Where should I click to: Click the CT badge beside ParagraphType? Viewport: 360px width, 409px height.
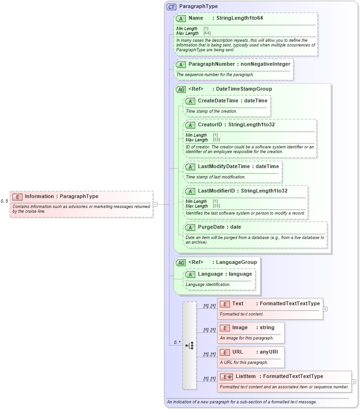click(171, 7)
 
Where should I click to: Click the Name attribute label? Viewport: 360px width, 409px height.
click(196, 18)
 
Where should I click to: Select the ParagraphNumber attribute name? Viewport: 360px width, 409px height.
click(209, 64)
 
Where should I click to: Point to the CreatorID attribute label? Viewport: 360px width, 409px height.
click(209, 124)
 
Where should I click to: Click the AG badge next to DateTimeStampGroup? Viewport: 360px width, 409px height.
click(181, 89)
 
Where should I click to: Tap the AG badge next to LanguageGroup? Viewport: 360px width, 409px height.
click(181, 262)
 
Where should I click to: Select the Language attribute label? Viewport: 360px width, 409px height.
click(210, 274)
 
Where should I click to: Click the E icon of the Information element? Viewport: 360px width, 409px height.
click(17, 197)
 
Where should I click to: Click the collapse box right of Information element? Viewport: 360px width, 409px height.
click(155, 204)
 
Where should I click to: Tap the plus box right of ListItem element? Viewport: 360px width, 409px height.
click(353, 382)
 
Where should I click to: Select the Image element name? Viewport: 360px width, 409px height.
click(240, 327)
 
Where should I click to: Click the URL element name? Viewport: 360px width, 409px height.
click(237, 352)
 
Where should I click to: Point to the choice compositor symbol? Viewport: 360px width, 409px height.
click(189, 345)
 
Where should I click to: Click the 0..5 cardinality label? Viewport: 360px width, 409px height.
click(4, 201)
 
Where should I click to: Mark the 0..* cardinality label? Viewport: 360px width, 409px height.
click(177, 342)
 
